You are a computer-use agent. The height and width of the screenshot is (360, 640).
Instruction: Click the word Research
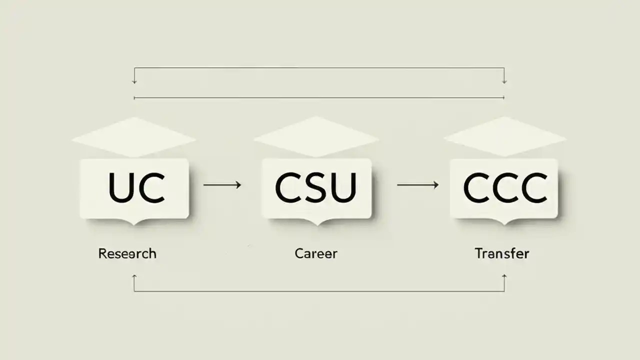pos(127,253)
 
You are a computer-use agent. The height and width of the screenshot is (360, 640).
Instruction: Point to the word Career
pos(316,253)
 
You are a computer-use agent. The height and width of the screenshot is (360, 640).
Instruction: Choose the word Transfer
pos(501,253)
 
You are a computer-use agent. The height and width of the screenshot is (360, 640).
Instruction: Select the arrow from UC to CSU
pos(222,185)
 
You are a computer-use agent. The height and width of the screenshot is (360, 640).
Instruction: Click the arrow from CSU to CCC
pos(417,185)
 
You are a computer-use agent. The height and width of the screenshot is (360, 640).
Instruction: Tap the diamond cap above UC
pos(133,136)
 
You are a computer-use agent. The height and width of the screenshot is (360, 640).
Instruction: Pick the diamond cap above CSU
pos(316,136)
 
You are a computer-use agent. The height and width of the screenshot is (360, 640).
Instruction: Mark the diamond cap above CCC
pos(505,136)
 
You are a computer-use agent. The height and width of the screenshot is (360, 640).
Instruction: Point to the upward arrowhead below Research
pos(134,276)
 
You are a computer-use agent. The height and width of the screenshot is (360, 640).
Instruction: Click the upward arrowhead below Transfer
pos(504,276)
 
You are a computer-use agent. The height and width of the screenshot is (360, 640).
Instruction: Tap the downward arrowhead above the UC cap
pos(134,81)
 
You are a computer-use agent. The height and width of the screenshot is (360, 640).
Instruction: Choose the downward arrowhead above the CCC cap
pos(504,81)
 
